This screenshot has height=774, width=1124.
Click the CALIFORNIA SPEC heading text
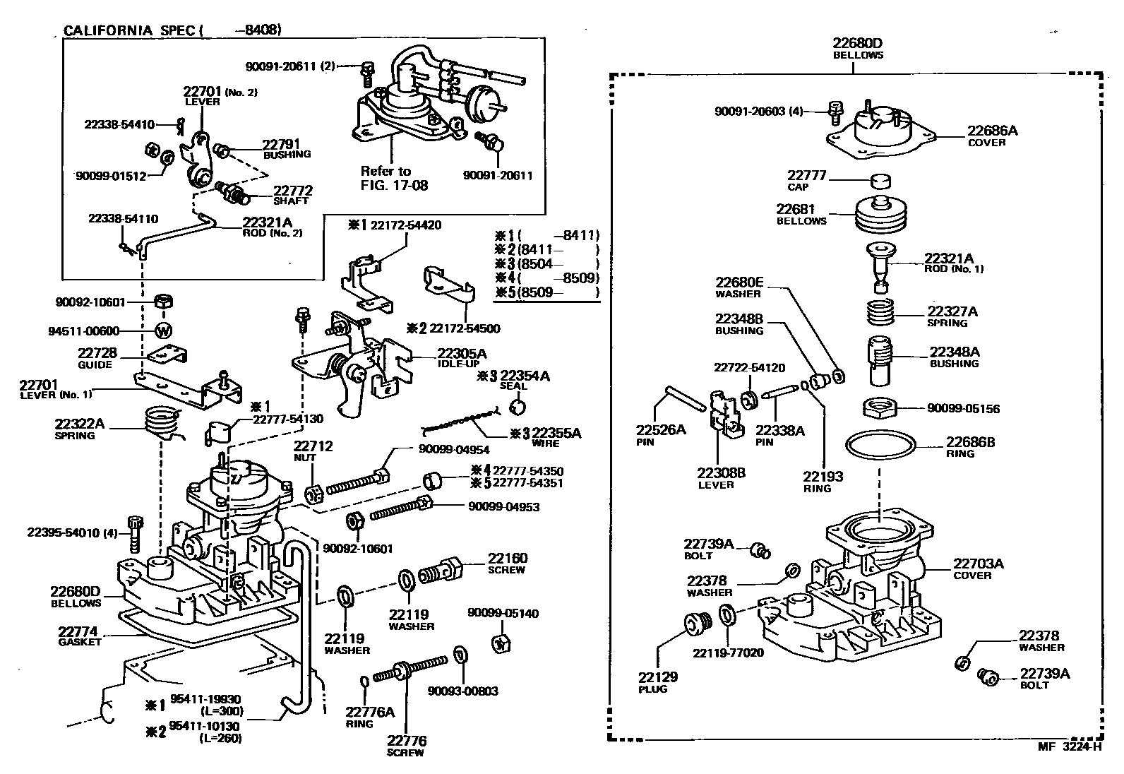point(128,30)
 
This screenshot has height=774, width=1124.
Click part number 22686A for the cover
point(992,131)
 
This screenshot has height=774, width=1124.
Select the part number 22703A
point(979,564)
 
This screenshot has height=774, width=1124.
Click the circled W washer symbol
point(163,330)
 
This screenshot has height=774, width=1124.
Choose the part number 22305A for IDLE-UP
point(462,353)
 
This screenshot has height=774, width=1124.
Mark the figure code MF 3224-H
point(1068,746)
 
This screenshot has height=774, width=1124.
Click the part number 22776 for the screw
point(407,741)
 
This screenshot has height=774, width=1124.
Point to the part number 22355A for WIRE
point(556,433)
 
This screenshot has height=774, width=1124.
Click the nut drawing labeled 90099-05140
point(501,643)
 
